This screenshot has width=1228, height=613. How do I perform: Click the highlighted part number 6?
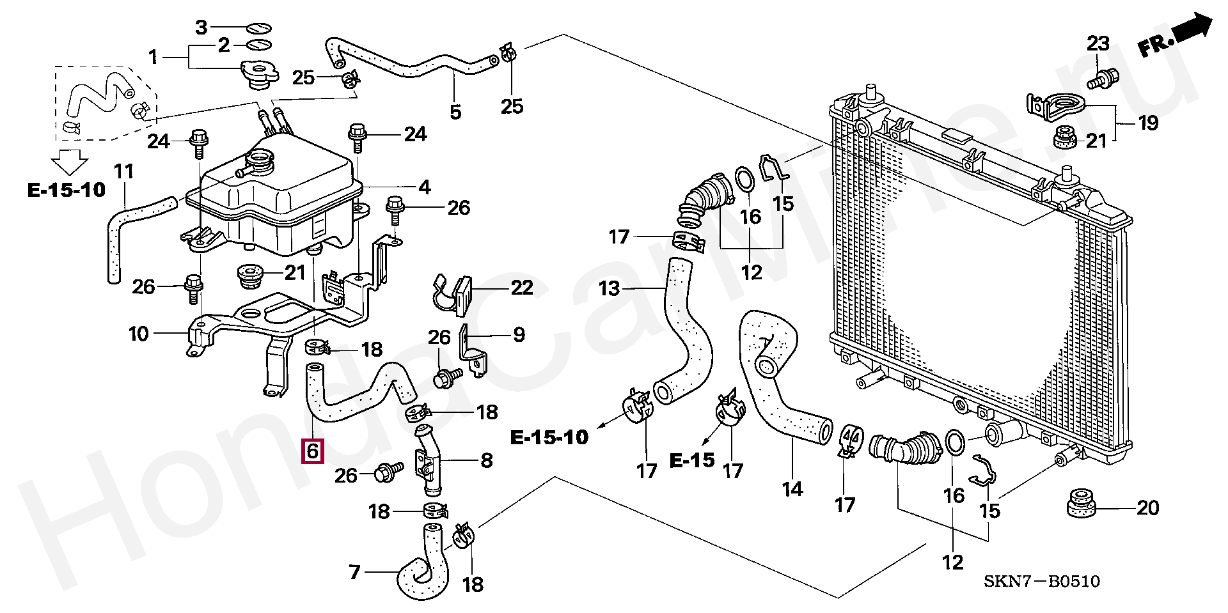point(313,451)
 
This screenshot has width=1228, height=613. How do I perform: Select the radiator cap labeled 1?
point(259,74)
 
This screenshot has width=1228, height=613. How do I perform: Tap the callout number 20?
point(1148,508)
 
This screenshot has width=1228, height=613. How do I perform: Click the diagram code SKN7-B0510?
point(1042,581)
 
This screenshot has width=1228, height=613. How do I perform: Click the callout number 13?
point(610,288)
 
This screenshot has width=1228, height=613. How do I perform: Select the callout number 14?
point(792,489)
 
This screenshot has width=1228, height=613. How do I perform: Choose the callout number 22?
point(522,288)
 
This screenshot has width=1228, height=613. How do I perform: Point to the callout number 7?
point(355,571)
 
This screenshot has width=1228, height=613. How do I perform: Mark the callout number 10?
point(139,334)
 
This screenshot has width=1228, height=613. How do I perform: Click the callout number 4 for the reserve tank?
point(425,187)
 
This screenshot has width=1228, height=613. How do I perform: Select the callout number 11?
point(124,171)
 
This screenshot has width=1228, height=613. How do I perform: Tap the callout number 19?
point(1148,123)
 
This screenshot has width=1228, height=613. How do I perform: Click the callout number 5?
point(455,113)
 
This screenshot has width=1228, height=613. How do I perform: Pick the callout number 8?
point(487,460)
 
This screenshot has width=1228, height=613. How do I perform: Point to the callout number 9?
point(519,335)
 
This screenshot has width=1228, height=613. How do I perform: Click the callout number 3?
point(201,27)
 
